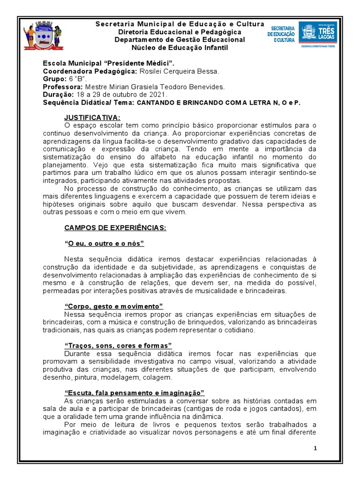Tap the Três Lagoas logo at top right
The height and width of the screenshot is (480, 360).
(317, 34)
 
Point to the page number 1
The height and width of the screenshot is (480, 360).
(315, 448)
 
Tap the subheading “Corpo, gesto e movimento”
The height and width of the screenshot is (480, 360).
(113, 306)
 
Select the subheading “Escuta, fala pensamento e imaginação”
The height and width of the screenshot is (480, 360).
(134, 392)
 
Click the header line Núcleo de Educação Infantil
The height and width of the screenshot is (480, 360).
(180, 47)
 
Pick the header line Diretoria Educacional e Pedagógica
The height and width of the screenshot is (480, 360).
(180, 32)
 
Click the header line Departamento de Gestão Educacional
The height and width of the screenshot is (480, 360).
(180, 40)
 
